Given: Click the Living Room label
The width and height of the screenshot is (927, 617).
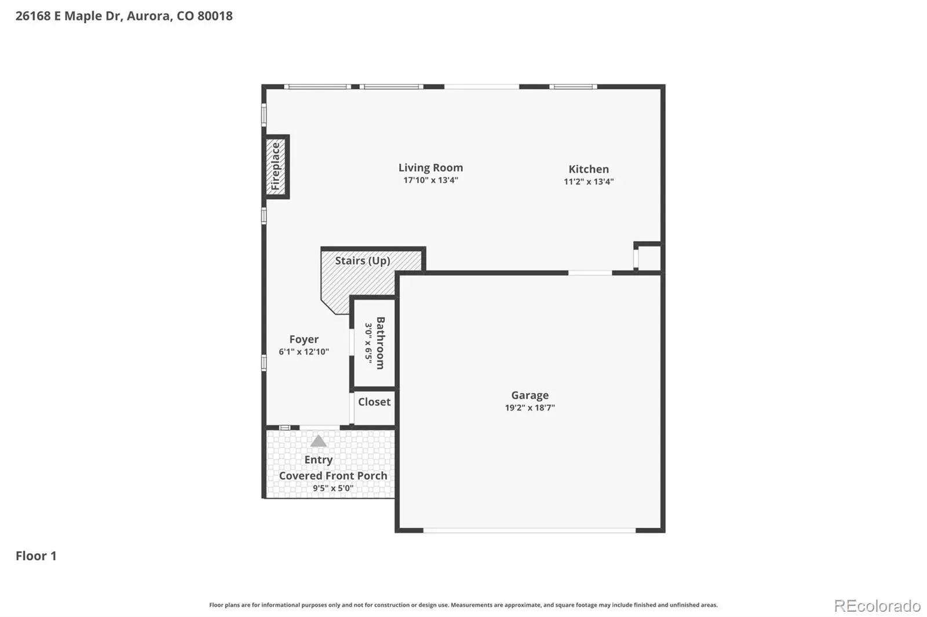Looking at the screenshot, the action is [x=430, y=167].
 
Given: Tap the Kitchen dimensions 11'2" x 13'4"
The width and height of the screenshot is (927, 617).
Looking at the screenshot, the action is [x=589, y=182].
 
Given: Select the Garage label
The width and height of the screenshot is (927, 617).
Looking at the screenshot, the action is [x=530, y=395].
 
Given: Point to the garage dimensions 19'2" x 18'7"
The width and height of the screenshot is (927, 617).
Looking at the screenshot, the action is [x=530, y=407].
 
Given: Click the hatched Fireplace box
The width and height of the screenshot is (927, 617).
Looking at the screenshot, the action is [x=276, y=167].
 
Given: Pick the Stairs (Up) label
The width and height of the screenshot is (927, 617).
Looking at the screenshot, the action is [x=363, y=261].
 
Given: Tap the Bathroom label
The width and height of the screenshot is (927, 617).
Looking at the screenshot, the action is [x=380, y=343].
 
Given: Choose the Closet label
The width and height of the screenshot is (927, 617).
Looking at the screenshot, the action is [x=374, y=402].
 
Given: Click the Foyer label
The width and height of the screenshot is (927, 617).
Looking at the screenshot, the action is [x=304, y=340].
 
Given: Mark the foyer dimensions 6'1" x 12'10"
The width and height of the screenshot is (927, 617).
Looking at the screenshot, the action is [x=304, y=352].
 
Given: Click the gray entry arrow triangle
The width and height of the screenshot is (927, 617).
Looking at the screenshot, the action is [x=318, y=441].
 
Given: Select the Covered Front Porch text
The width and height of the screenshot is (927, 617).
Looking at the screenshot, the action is [x=333, y=476].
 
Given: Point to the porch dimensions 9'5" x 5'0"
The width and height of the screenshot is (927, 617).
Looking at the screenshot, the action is [x=333, y=489].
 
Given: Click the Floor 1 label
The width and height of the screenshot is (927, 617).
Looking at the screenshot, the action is [x=36, y=556].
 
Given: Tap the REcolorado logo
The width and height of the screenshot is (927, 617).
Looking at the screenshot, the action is [x=877, y=606].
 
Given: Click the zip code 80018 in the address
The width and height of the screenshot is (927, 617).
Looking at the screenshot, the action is [x=215, y=16].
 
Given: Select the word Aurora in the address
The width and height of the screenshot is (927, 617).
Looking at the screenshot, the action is [x=148, y=16].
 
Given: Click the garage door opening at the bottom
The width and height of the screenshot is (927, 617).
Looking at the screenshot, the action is [x=530, y=530].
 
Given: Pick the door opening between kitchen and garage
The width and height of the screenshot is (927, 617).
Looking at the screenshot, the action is [x=590, y=273].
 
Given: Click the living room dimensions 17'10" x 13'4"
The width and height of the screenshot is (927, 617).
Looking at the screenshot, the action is [x=431, y=181].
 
